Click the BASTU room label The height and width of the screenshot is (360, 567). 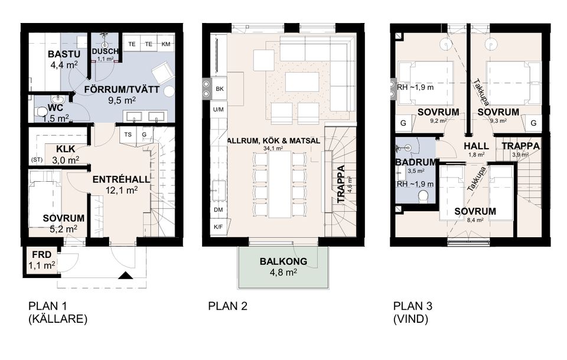coord(60,55)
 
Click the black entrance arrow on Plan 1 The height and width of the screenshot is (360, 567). coord(125,275)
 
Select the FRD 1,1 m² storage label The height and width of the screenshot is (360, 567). coord(41,261)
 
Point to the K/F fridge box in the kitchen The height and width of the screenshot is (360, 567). coord(218,227)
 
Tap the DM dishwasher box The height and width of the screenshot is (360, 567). coord(218,210)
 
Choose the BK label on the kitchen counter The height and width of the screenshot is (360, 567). coord(219,89)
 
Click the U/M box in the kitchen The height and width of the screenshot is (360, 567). coord(218,109)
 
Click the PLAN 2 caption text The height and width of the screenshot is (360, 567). coord(227,306)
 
